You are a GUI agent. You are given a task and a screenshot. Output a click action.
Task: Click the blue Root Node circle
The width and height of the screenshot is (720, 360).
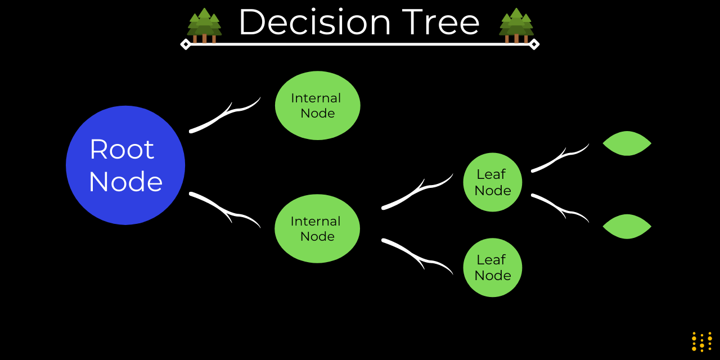pyautogui.click(x=125, y=165)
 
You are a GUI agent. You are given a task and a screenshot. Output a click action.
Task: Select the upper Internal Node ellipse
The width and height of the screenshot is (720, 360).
pyautogui.click(x=317, y=105)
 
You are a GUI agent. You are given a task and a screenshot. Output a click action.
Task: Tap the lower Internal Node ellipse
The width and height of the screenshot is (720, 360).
pyautogui.click(x=317, y=228)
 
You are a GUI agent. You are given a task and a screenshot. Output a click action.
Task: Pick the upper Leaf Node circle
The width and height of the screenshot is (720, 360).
pyautogui.click(x=493, y=182)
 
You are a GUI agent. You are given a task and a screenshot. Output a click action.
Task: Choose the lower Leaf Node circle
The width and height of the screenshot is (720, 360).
pyautogui.click(x=493, y=267)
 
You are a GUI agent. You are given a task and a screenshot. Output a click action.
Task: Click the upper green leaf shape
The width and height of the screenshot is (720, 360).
pyautogui.click(x=627, y=143)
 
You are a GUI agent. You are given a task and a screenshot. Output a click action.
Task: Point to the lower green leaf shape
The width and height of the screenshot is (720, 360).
pyautogui.click(x=627, y=227)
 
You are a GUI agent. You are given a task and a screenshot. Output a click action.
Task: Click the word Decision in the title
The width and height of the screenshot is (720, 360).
pyautogui.click(x=314, y=22)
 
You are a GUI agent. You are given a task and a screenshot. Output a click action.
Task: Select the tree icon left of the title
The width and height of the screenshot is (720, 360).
pyautogui.click(x=204, y=26)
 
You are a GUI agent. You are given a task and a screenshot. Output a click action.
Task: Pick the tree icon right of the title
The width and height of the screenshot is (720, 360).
pyautogui.click(x=516, y=26)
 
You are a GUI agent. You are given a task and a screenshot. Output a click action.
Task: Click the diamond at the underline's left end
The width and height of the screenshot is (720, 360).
pyautogui.click(x=186, y=44)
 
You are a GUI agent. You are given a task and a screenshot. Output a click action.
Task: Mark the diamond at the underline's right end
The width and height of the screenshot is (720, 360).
pyautogui.click(x=534, y=44)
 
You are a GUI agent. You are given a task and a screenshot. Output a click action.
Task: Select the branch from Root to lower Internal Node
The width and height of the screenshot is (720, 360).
pyautogui.click(x=219, y=206)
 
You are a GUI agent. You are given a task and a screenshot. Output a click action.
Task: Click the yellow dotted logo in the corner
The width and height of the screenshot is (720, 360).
pyautogui.click(x=701, y=341)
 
